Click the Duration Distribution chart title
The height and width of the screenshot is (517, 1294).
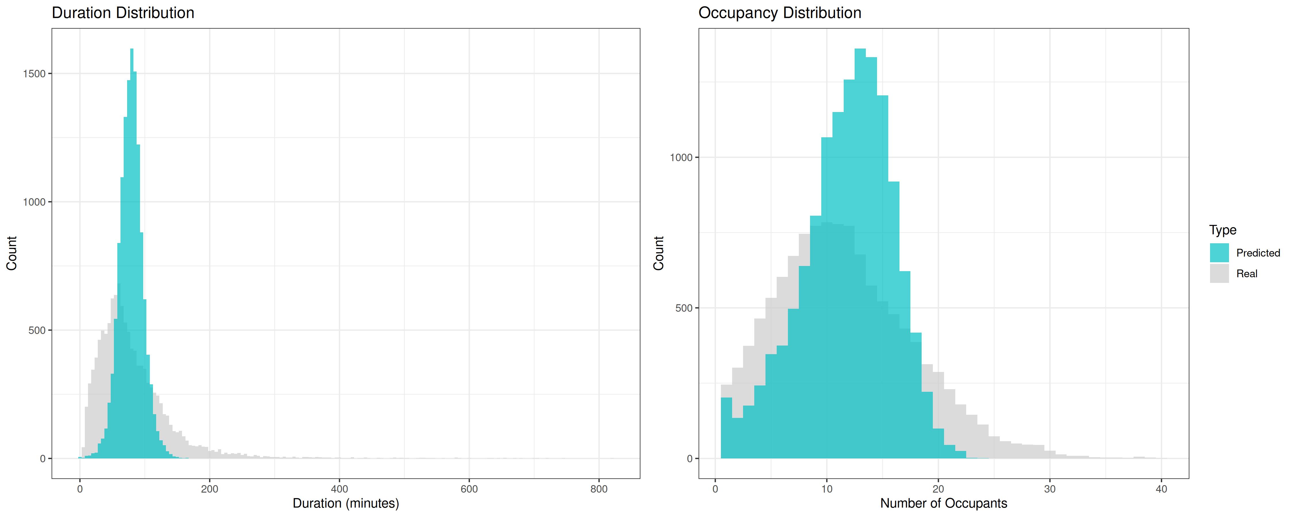pos(123,13)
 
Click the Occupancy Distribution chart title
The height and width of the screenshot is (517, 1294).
pos(780,13)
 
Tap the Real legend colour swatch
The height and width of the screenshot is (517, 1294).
pos(1219,273)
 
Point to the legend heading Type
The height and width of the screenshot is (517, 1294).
pos(1223,230)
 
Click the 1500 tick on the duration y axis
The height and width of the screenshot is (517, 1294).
pos(34,74)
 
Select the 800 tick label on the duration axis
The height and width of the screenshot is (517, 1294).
pos(599,488)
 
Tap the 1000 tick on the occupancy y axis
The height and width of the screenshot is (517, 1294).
pos(681,158)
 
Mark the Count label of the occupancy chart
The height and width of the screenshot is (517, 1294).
pos(659,253)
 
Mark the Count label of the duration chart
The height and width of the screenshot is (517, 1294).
pos(12,253)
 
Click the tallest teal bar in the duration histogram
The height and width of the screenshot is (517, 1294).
pos(132,254)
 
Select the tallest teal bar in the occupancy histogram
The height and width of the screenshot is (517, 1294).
pos(860,254)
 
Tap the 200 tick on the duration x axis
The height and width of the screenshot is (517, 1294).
pos(209,488)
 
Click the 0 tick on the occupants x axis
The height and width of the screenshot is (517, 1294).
pos(715,488)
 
